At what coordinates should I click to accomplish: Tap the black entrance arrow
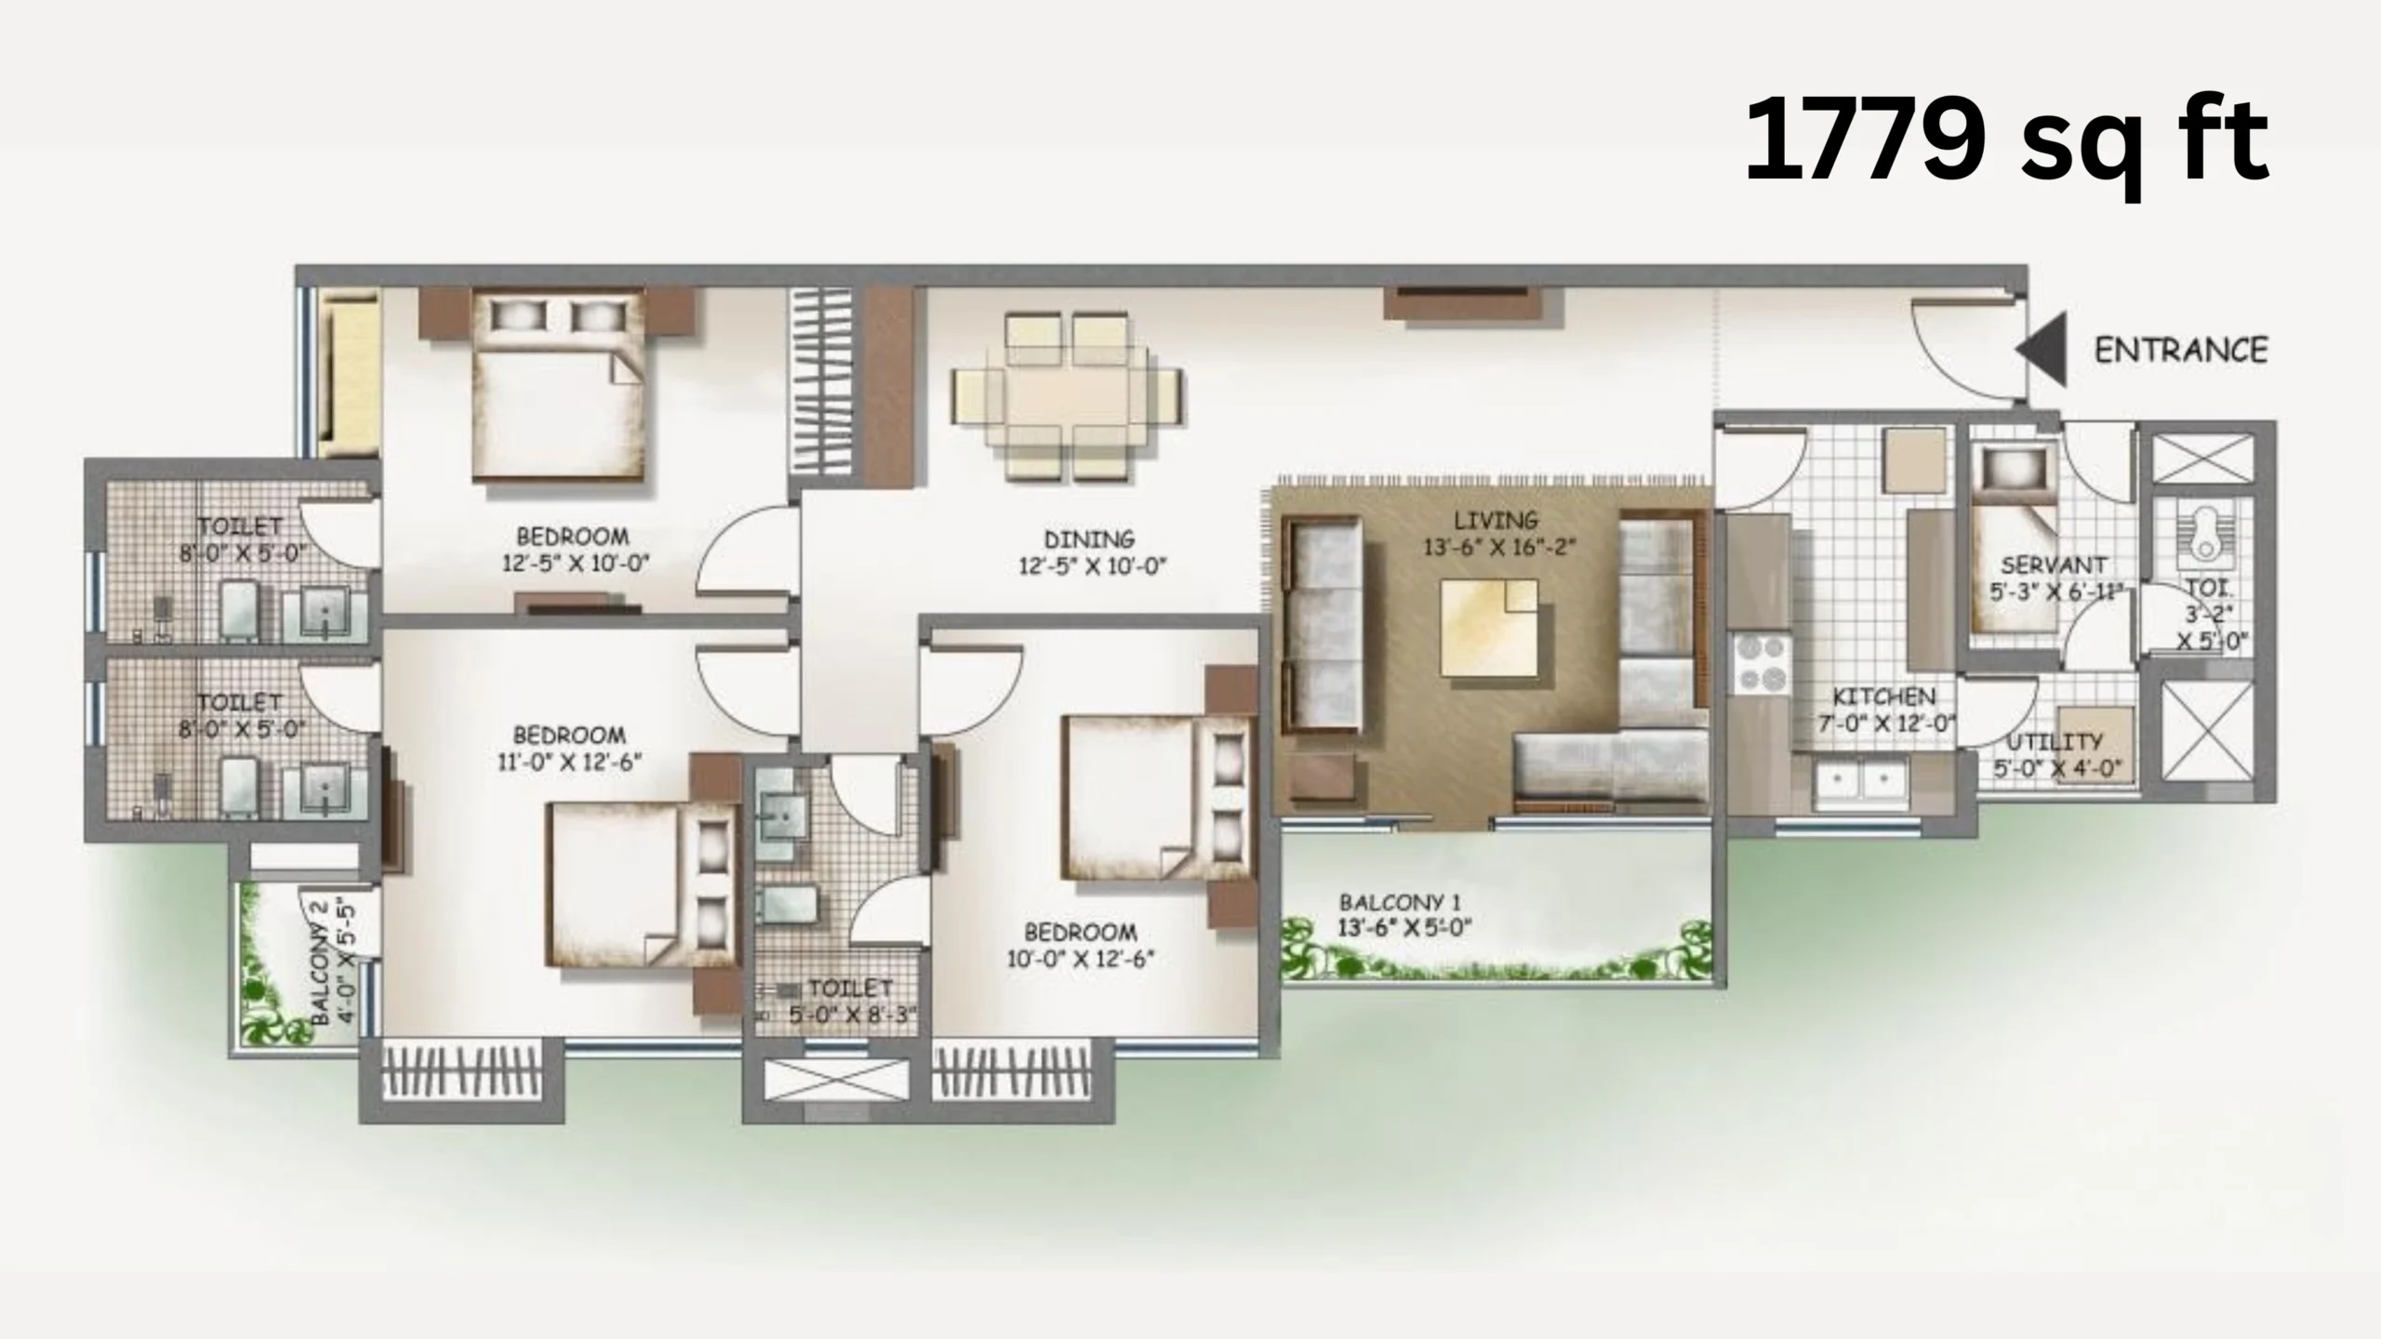[x=2042, y=350]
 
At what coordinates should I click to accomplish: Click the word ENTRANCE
[x=2181, y=351]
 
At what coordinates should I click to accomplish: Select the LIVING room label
[x=1496, y=520]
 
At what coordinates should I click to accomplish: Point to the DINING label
[x=1089, y=539]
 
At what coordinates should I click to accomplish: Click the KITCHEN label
[x=1883, y=696]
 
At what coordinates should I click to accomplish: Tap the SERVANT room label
[x=2054, y=565]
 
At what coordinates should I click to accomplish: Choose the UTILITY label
[x=2054, y=742]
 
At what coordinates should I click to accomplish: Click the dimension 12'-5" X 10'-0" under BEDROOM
[x=581, y=563]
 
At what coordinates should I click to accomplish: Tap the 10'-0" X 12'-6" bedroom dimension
[x=1080, y=958]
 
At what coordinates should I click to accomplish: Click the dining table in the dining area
[x=1067, y=396]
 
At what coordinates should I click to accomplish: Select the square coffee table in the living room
[x=1489, y=628]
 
